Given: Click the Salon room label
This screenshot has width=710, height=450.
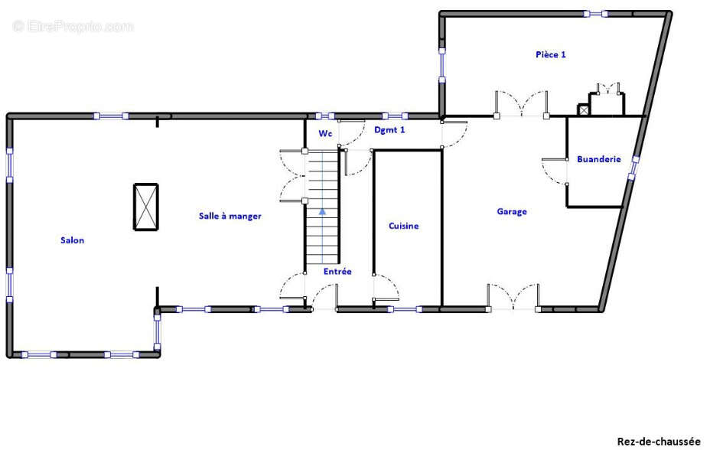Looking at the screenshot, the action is click(x=73, y=240).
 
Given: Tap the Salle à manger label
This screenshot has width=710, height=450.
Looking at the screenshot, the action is click(x=230, y=216).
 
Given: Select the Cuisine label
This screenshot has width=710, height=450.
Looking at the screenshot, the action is click(x=403, y=226).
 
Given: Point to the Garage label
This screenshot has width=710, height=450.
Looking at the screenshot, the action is click(x=512, y=211).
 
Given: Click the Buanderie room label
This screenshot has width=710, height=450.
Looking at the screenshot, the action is click(x=598, y=159).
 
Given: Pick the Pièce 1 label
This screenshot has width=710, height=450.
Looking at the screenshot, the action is click(x=551, y=54).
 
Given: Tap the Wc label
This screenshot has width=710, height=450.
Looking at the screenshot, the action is click(x=325, y=133).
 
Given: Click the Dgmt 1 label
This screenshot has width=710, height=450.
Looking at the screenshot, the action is click(x=389, y=130).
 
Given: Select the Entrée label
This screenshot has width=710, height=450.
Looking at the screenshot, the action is click(x=337, y=271).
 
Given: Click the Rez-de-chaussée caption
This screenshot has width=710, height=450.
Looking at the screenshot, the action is click(x=659, y=441).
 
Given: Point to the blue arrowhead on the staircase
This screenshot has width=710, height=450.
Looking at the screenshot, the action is click(x=322, y=211).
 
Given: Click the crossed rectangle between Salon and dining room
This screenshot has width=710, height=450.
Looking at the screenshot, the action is click(x=146, y=207).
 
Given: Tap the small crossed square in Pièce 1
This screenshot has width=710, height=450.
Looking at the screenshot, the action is click(x=584, y=109).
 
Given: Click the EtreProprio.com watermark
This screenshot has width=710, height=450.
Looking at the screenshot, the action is click(x=73, y=26).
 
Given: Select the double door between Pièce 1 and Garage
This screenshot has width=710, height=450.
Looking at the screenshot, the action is click(x=521, y=104).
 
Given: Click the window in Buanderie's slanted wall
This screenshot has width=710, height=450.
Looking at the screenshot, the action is click(x=633, y=168).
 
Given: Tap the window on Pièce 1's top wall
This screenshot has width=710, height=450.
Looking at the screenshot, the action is click(x=595, y=14).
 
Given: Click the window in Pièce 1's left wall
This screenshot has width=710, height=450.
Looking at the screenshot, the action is click(x=442, y=66).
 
